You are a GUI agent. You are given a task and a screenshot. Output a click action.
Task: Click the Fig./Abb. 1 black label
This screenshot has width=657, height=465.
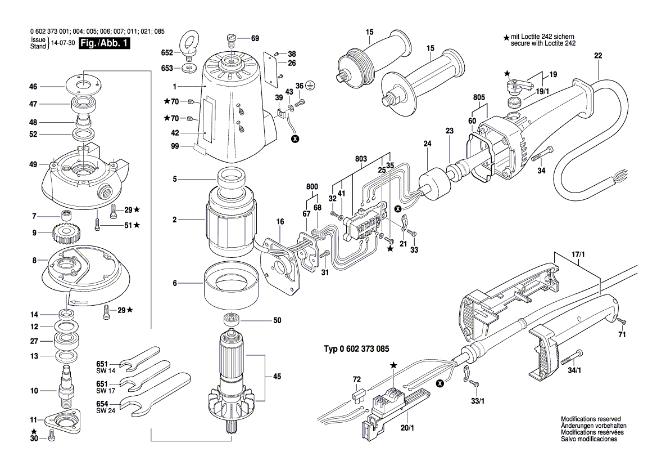[105, 44]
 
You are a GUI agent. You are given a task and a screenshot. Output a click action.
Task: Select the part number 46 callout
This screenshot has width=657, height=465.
[33, 87]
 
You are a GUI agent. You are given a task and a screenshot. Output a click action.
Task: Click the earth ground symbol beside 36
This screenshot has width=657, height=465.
[311, 86]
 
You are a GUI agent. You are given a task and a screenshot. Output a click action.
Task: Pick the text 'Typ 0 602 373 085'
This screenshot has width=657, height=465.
[356, 349]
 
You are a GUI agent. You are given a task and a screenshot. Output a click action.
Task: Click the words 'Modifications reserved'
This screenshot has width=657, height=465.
[591, 419]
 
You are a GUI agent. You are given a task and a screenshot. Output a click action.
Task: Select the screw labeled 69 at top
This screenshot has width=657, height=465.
[232, 39]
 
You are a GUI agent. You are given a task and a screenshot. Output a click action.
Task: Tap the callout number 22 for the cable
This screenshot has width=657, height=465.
[597, 55]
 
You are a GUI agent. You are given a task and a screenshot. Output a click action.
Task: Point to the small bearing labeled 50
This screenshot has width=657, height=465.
[232, 320]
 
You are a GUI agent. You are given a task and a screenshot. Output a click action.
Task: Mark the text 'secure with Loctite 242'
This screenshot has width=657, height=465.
[543, 43]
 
